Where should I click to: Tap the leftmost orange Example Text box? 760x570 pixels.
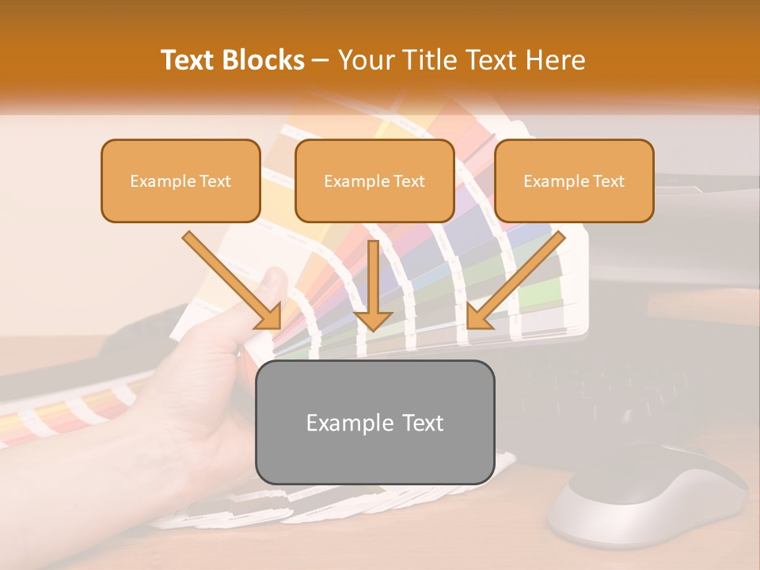click(x=180, y=180)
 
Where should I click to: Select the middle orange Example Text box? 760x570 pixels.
click(x=374, y=180)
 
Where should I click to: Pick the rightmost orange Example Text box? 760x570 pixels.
click(x=574, y=180)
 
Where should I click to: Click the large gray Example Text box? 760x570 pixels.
click(x=374, y=422)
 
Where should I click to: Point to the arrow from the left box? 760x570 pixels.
click(x=231, y=279)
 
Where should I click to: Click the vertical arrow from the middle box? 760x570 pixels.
click(x=373, y=285)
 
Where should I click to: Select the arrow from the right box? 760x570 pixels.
click(x=516, y=279)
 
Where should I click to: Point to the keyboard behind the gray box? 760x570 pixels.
click(x=602, y=388)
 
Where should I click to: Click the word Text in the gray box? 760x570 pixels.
click(x=420, y=422)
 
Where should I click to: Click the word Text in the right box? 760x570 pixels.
click(x=608, y=180)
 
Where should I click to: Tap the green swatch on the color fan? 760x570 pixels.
click(x=546, y=293)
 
